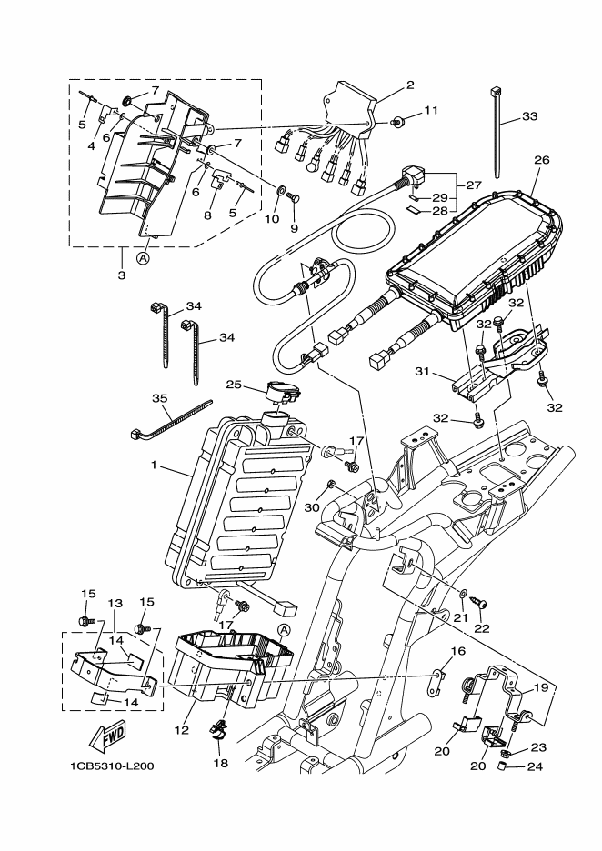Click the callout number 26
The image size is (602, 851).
coord(542,160)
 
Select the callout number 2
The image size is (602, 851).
coord(410,85)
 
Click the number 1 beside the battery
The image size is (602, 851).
coord(155,466)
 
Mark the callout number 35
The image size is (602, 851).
coord(161,398)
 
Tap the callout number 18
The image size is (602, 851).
coord(219,764)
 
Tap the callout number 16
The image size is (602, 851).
coord(457,651)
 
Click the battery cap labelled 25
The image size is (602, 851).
coord(283,393)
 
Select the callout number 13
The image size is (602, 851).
coord(115,603)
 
